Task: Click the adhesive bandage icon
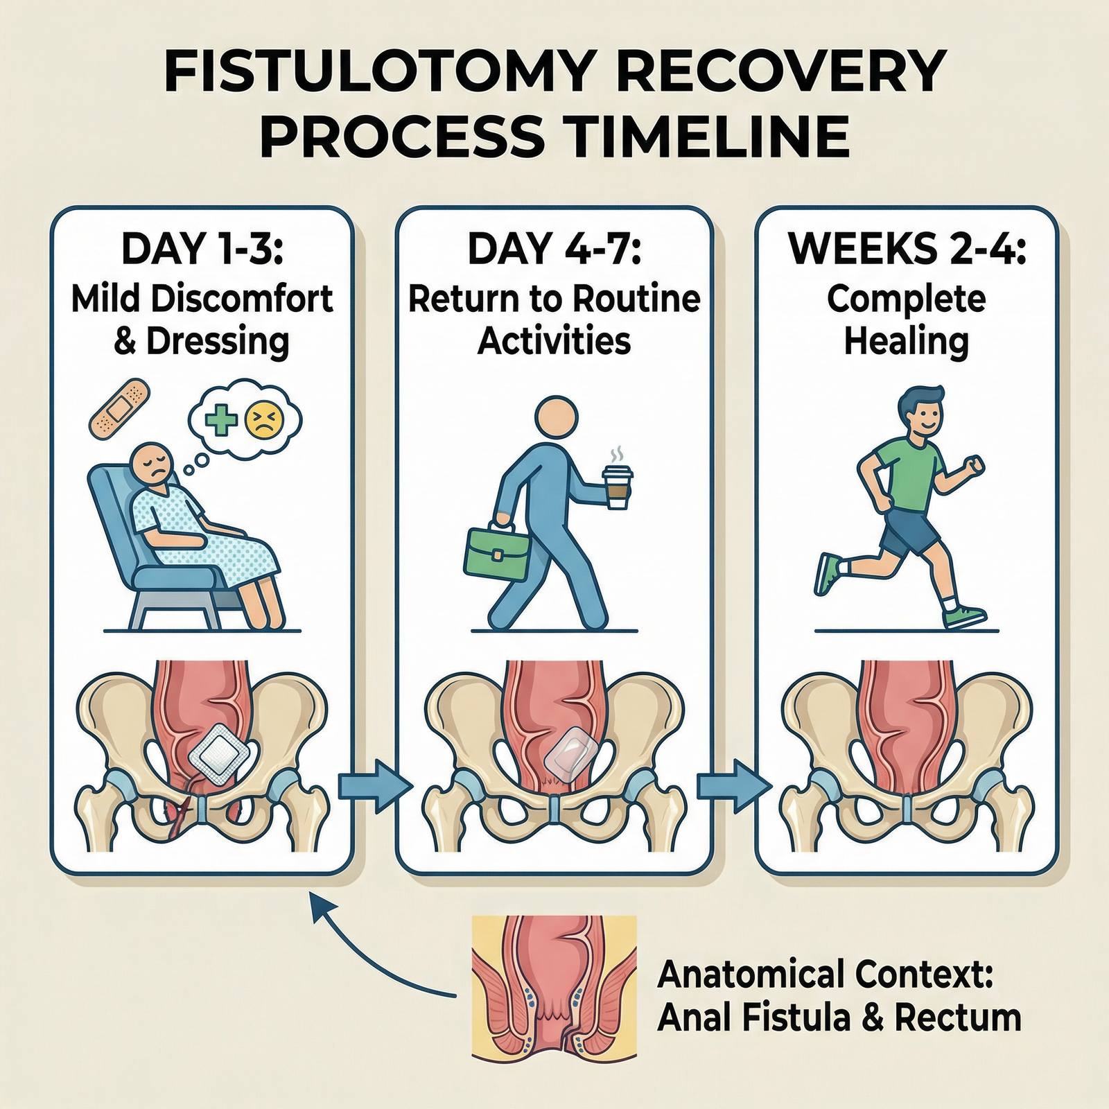tap(119, 408)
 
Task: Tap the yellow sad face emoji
tap(265, 419)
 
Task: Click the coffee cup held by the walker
tap(617, 485)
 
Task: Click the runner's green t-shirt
tap(908, 471)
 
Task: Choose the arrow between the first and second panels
tap(374, 786)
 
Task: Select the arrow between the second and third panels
tap(733, 786)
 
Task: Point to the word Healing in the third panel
tap(907, 341)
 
